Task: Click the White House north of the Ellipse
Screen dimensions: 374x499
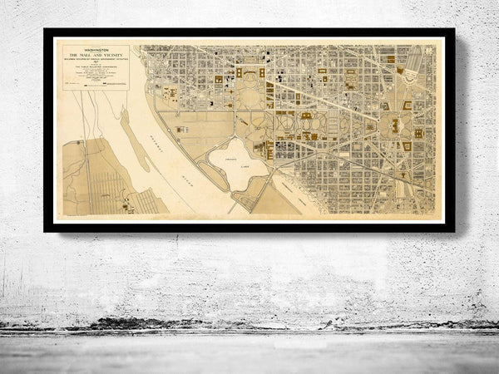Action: point(249,73)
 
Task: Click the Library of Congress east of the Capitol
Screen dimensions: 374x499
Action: point(417,132)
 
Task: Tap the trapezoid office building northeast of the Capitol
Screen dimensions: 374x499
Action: point(408,106)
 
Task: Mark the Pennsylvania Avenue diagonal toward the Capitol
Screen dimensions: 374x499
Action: point(333,99)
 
